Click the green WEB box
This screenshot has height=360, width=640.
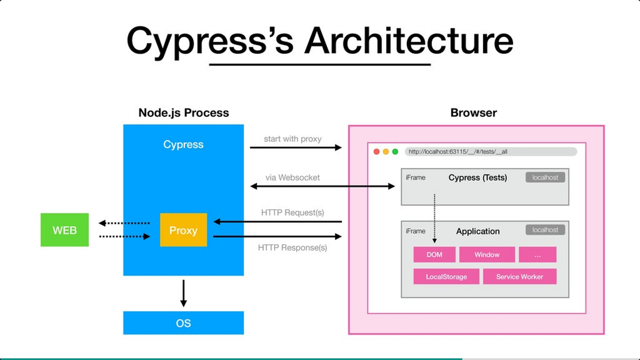pyautogui.click(x=65, y=230)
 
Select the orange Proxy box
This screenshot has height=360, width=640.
pyautogui.click(x=183, y=230)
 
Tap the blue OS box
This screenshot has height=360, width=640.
pyautogui.click(x=183, y=323)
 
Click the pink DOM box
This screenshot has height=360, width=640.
pyautogui.click(x=435, y=254)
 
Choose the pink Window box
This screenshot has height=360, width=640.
pyautogui.click(x=487, y=254)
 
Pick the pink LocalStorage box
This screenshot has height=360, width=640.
pyautogui.click(x=446, y=276)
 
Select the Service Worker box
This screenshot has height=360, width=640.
pyautogui.click(x=519, y=276)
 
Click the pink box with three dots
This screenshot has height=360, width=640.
pyautogui.click(x=538, y=254)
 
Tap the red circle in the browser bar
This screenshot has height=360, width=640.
pyautogui.click(x=377, y=151)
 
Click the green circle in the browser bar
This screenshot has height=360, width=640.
pyautogui.click(x=395, y=151)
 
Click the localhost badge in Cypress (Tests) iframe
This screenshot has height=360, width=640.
pyautogui.click(x=545, y=178)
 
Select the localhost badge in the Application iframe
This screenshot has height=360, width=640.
pyautogui.click(x=545, y=230)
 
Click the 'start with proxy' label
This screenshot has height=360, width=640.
pyautogui.click(x=293, y=139)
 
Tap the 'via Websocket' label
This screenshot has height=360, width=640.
pyautogui.click(x=293, y=177)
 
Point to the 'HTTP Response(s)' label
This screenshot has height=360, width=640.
pyautogui.click(x=293, y=247)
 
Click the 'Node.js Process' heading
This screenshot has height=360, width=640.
pyautogui.click(x=183, y=113)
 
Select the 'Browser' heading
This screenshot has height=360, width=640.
pyautogui.click(x=474, y=113)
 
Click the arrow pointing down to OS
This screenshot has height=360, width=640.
pyautogui.click(x=183, y=293)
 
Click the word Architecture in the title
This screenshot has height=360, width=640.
pyautogui.click(x=409, y=41)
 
